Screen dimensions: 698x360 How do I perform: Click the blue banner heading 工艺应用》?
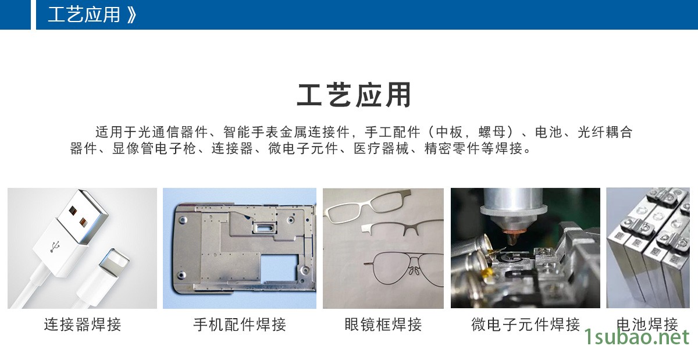[92, 15]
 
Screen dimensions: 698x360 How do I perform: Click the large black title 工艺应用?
[354, 95]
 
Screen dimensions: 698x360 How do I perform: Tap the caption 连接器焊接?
[83, 325]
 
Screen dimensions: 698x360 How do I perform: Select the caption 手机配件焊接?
[240, 325]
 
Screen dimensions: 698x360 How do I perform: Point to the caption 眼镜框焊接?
[383, 325]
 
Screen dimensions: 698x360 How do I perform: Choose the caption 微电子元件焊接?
[525, 325]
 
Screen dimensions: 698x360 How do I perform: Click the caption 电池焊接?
[647, 325]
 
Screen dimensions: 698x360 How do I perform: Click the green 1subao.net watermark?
[637, 337]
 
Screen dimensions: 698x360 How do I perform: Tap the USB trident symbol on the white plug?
[55, 247]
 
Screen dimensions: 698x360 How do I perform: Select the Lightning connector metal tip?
[114, 261]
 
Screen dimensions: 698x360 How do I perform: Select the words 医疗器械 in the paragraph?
[381, 148]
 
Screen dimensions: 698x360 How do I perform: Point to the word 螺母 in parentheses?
[492, 132]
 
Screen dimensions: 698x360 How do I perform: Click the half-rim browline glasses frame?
[402, 228]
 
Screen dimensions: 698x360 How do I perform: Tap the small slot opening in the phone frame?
[264, 228]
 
